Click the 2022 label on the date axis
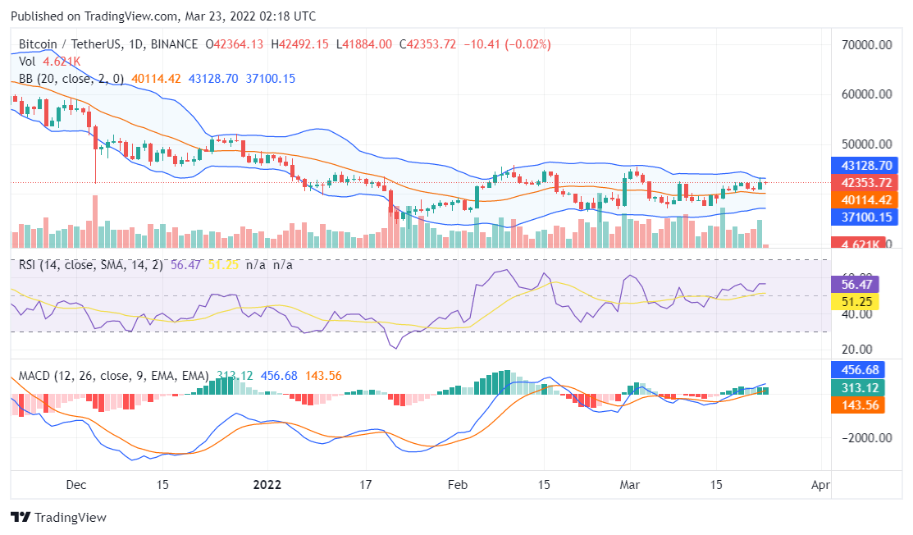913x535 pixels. pyautogui.click(x=267, y=485)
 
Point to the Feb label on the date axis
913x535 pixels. pyautogui.click(x=457, y=485)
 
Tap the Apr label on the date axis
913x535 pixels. pyautogui.click(x=819, y=485)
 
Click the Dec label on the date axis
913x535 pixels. pyautogui.click(x=76, y=485)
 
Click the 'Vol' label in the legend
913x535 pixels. pyautogui.click(x=27, y=62)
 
